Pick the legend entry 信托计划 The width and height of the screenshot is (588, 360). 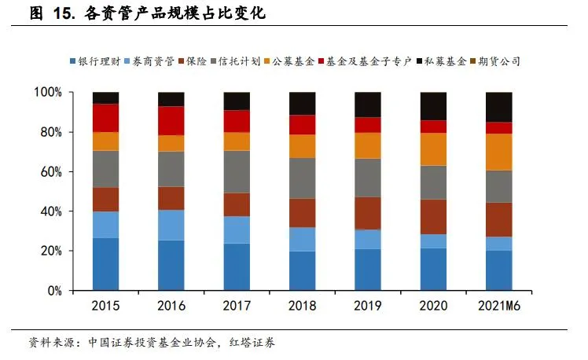[239, 61]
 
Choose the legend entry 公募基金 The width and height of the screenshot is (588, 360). [294, 61]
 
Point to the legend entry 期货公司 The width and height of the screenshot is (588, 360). [500, 61]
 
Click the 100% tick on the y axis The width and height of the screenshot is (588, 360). [49, 93]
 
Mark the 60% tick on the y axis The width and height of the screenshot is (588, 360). [51, 172]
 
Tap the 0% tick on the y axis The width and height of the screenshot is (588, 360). [54, 291]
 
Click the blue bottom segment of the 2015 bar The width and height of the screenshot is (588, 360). [105, 264]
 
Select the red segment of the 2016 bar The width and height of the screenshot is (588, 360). [171, 120]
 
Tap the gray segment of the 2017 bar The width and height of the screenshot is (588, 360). [237, 171]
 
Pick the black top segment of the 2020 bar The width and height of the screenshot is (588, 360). [433, 106]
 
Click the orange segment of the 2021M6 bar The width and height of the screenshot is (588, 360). [498, 152]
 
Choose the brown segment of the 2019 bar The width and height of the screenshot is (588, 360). [367, 213]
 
